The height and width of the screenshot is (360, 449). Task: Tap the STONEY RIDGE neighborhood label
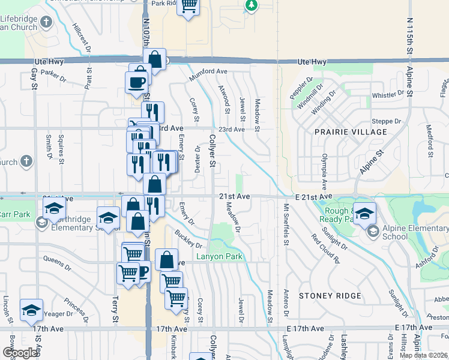(330, 296)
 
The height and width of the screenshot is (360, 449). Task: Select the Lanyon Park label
(220, 257)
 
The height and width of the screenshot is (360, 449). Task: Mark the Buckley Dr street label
(188, 239)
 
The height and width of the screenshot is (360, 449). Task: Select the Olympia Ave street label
(324, 172)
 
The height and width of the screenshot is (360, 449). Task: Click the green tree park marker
(252, 5)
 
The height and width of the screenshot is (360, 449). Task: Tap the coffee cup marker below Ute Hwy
(136, 82)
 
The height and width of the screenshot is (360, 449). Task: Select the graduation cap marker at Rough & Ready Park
(364, 212)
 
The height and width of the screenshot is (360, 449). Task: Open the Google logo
(20, 353)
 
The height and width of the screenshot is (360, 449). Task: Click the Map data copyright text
(423, 355)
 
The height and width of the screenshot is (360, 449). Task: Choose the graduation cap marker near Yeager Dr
(31, 309)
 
